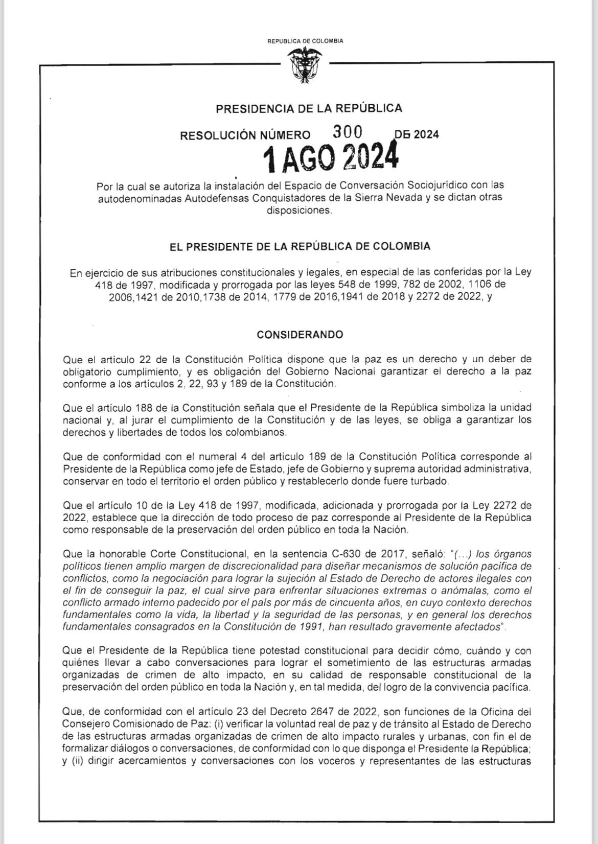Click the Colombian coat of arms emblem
[x=305, y=65]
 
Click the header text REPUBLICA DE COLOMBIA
[x=305, y=41]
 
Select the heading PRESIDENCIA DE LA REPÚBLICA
[x=309, y=108]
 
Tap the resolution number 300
[x=348, y=132]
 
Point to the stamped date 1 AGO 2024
[x=330, y=158]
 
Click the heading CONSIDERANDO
[x=300, y=335]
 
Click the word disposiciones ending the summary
[x=298, y=210]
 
